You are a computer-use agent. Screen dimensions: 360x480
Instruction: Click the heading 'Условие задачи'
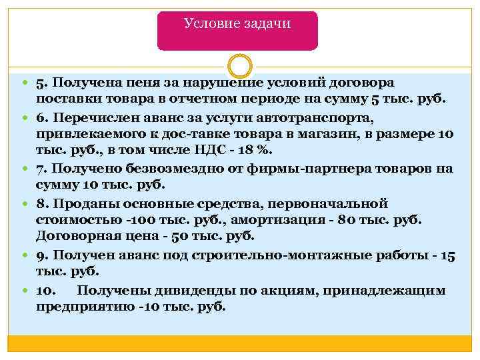pyautogui.click(x=237, y=24)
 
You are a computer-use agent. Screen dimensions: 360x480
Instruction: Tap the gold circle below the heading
pyautogui.click(x=239, y=67)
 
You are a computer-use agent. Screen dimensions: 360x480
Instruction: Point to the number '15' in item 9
pyautogui.click(x=448, y=255)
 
